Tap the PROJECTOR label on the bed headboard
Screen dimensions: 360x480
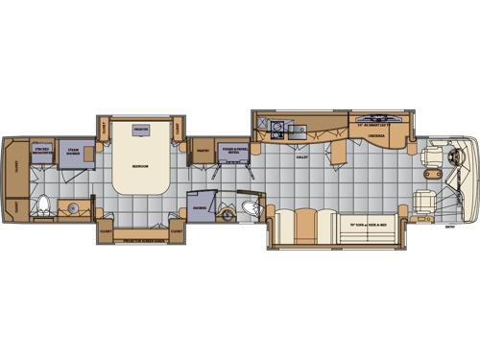(x=140, y=128)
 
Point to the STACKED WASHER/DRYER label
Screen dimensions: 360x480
(x=42, y=150)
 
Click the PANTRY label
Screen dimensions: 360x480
(x=203, y=151)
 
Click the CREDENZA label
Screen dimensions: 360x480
(x=379, y=136)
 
